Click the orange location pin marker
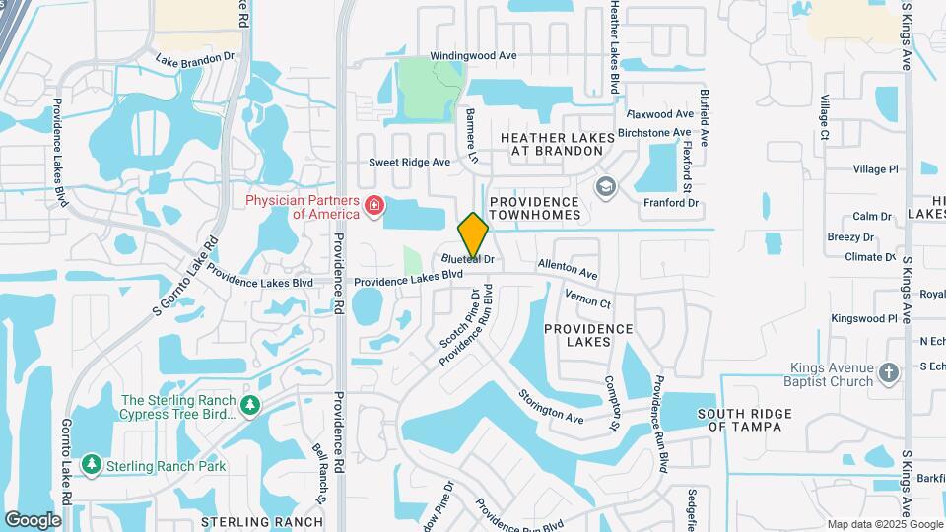[474, 234]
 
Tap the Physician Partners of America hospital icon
[373, 206]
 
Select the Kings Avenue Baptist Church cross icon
[889, 372]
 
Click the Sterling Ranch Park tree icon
[92, 462]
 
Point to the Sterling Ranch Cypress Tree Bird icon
[251, 405]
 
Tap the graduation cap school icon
[605, 186]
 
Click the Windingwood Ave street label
[473, 56]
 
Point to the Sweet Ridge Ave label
[409, 162]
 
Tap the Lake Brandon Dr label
[195, 58]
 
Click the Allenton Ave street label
[568, 268]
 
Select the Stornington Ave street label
[552, 405]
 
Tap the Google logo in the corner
[33, 520]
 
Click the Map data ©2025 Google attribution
[884, 524]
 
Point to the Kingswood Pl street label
[863, 318]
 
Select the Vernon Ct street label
[588, 299]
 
